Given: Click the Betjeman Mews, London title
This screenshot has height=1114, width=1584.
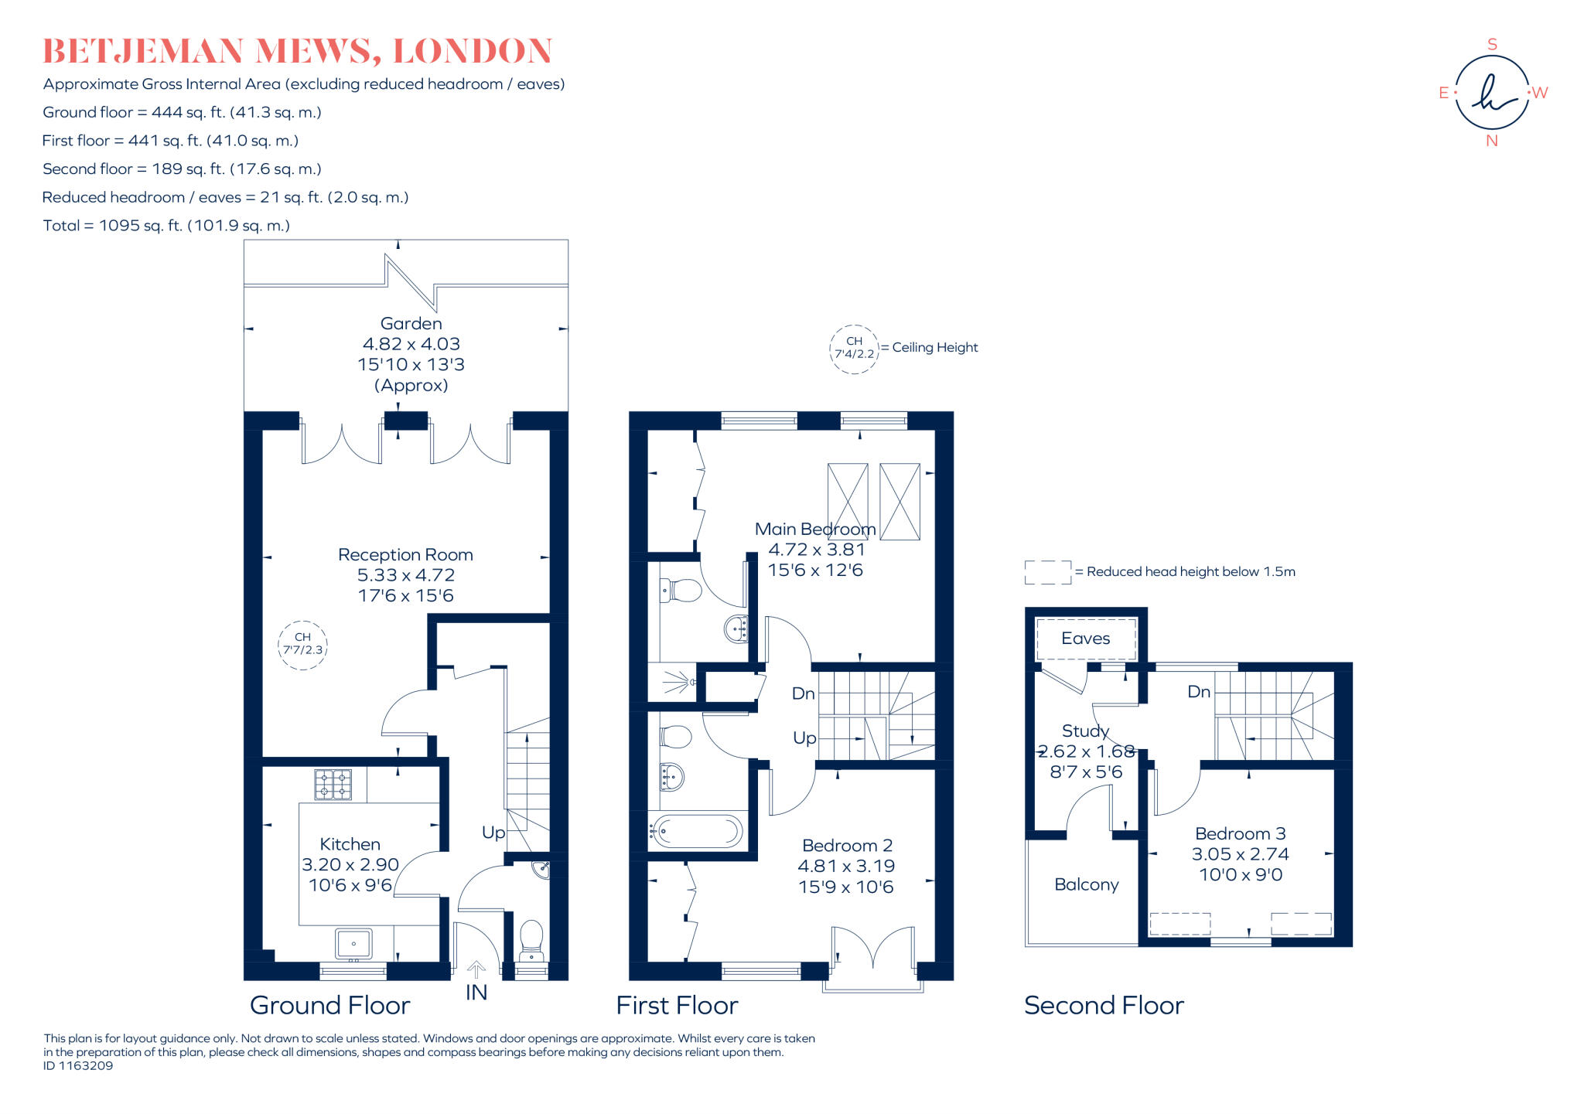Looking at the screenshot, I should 297,51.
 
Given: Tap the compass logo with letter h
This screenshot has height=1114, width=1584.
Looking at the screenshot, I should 1491,93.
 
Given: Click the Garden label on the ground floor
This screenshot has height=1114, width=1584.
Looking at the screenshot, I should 411,324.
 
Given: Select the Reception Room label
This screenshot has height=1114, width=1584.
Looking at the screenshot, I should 405,554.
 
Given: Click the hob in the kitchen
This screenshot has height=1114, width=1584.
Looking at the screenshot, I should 333,784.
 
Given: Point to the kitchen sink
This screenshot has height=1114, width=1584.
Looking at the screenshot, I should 353,944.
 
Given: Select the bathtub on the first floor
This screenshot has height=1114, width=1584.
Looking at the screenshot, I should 696,832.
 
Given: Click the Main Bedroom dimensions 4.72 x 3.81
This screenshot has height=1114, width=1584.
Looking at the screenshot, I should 816,550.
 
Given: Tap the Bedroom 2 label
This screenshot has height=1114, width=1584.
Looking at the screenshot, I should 847,845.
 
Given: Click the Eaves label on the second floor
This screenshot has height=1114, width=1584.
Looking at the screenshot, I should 1085,639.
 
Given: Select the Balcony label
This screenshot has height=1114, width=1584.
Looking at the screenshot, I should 1086,884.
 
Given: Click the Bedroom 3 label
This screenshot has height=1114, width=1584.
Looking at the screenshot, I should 1240,833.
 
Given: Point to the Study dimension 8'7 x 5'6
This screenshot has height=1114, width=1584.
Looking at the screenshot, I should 1085,772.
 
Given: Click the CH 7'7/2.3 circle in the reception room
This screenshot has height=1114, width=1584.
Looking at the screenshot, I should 302,644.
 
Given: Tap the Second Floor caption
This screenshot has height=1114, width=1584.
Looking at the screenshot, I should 1104,1005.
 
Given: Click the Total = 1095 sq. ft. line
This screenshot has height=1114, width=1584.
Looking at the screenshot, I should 166,226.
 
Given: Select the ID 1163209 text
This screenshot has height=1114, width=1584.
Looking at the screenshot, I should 78,1066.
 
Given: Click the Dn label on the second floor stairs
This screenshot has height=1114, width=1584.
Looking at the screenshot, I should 1198,692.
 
